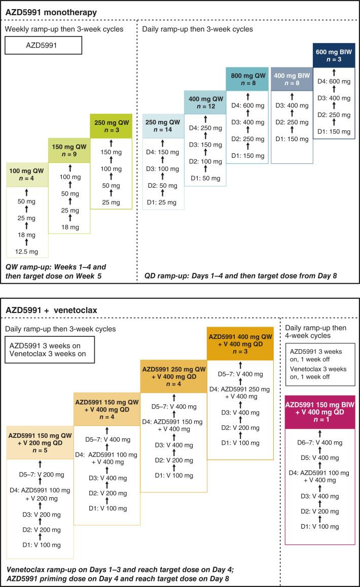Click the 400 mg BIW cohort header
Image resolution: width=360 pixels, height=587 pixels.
pos(292,80)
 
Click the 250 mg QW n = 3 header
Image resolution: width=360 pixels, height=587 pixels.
pos(111,125)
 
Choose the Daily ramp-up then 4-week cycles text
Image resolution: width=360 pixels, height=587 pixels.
pos(315,332)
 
